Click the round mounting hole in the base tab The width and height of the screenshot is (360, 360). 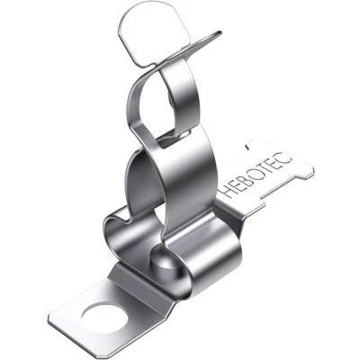(x=104, y=315)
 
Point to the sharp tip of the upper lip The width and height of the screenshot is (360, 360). (x=221, y=32)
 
